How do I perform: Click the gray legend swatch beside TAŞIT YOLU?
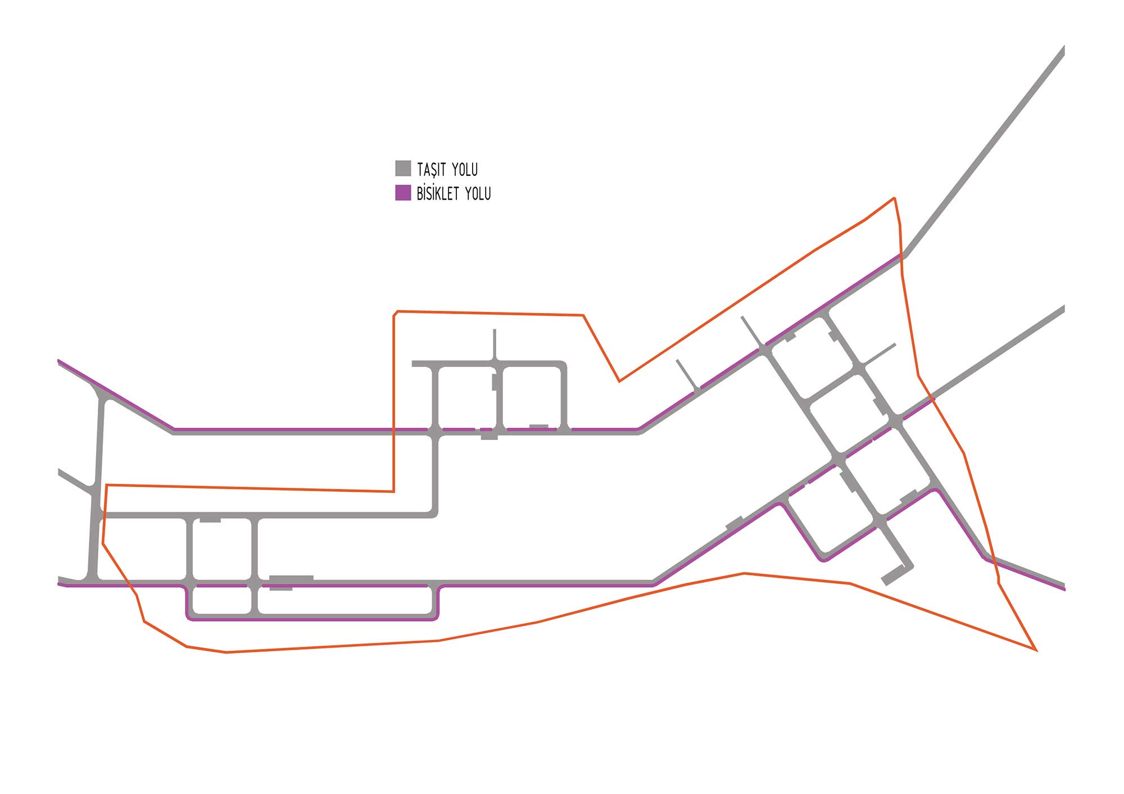coord(403,169)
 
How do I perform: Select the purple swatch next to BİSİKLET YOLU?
coord(403,193)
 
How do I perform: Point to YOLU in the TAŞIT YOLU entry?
coord(465,169)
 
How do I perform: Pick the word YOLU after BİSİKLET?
coord(478,194)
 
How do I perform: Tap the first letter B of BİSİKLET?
coord(420,194)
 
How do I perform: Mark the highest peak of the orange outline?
coord(894,198)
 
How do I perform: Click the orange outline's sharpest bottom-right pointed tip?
coord(1035,650)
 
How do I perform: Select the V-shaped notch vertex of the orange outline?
coord(619,382)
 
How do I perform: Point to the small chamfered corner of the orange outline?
coord(395,313)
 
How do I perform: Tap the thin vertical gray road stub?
coord(495,344)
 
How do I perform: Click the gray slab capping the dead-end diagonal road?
coord(896,575)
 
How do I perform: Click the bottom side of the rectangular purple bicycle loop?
coord(312,619)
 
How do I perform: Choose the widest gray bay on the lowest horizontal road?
coord(291,578)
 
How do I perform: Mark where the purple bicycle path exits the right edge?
coord(1064,589)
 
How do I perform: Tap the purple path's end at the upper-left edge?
coord(59,360)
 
